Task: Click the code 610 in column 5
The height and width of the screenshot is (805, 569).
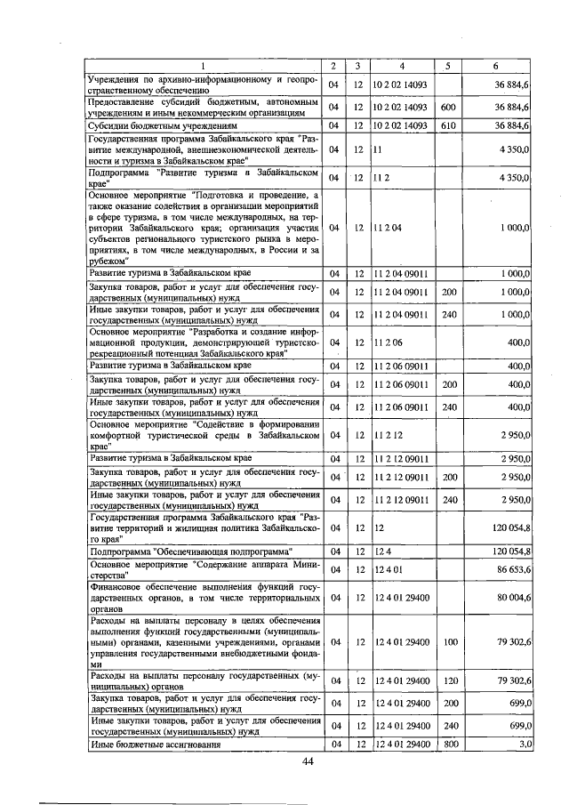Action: (x=449, y=126)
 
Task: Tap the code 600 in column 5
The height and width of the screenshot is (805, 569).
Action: (x=449, y=108)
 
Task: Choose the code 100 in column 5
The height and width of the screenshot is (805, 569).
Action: (x=449, y=641)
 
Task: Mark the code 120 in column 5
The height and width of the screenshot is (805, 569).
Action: (x=449, y=681)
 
